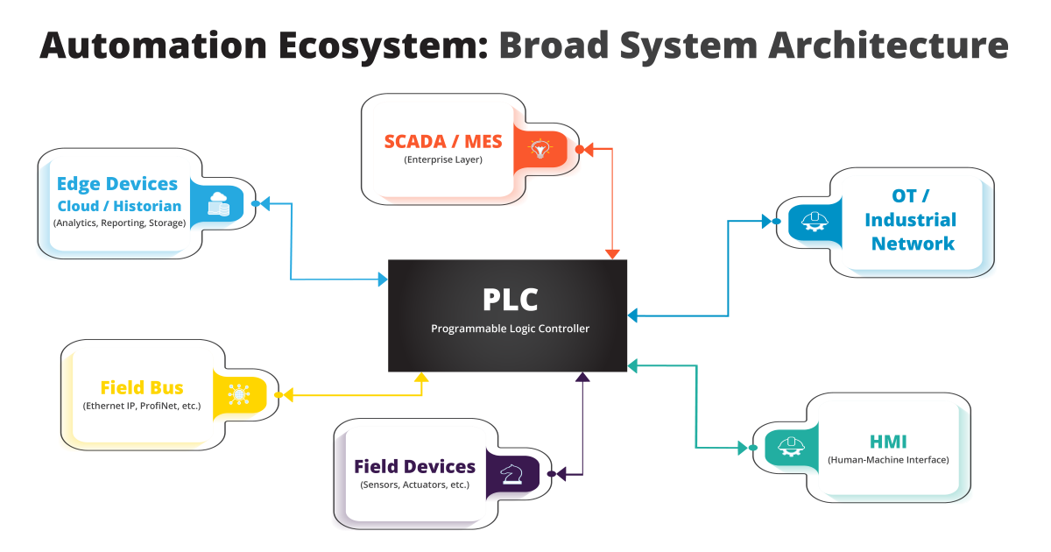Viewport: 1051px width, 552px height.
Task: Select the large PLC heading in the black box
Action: coord(510,300)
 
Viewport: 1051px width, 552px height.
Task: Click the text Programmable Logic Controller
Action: coord(510,329)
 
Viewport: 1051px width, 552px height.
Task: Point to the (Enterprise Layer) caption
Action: coord(443,160)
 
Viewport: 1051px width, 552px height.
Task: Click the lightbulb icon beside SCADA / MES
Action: coord(541,150)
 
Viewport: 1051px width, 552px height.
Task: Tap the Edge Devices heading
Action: coord(117,184)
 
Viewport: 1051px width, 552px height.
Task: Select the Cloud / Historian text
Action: coord(119,207)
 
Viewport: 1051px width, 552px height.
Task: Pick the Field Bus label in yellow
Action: coord(142,387)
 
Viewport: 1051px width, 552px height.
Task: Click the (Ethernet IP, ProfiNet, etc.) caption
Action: coord(142,407)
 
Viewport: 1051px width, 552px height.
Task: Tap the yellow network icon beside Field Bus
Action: coord(238,394)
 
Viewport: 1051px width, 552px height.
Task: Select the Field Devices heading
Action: coord(414,467)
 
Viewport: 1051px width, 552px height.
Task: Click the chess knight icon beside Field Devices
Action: coord(511,474)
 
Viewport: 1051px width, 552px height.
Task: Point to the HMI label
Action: coord(888,442)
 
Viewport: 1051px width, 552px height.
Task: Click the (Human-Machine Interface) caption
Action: coord(888,460)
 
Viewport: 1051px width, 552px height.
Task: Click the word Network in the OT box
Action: coord(913,244)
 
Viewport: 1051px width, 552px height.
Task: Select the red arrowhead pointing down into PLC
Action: coord(612,253)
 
